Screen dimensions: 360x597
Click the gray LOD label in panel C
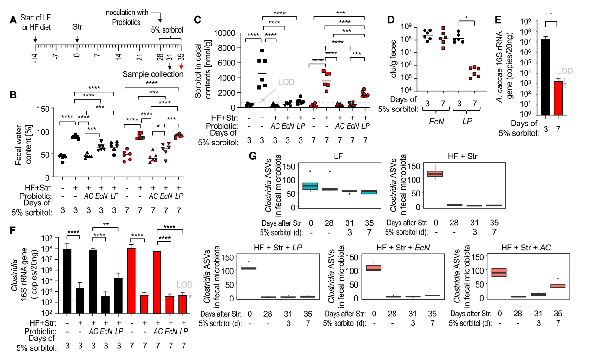point(287,82)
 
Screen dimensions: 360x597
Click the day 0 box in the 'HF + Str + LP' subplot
point(249,268)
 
